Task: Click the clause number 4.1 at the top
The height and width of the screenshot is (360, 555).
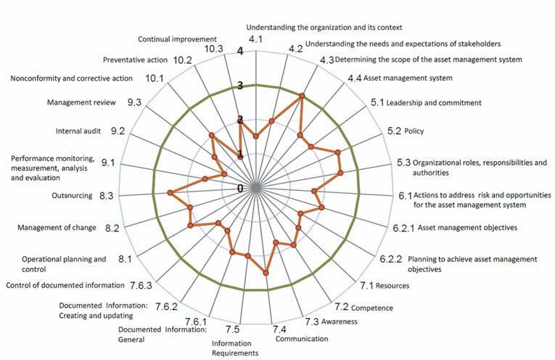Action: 255,38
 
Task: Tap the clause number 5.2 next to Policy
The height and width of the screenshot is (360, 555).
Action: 395,131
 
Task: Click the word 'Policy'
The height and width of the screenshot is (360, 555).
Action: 416,131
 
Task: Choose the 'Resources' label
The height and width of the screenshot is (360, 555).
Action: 392,285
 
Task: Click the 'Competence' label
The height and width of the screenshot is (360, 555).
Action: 373,308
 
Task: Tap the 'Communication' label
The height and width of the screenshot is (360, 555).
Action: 302,338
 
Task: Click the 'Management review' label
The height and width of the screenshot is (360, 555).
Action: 81,103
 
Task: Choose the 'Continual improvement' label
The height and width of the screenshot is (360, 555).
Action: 177,38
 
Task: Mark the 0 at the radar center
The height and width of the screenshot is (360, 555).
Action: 240,187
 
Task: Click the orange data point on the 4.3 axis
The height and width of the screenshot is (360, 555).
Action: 302,95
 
